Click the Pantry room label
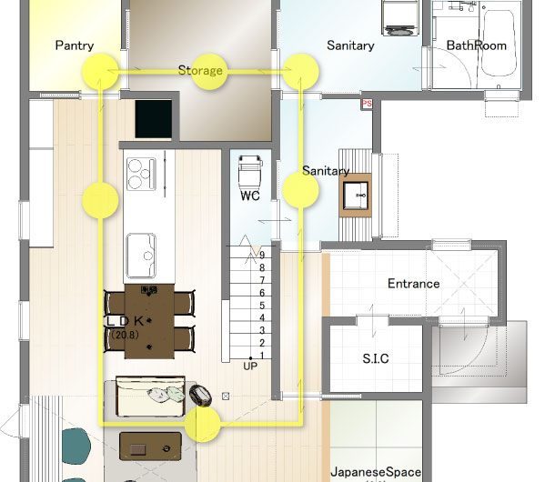75,45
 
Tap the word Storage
200,70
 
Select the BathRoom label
477,45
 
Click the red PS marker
367,104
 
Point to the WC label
250,196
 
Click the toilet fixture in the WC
250,172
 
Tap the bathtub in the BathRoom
498,43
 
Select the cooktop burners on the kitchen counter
142,174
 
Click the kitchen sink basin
141,256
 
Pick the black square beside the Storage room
154,119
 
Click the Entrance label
413,284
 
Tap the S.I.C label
376,358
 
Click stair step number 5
262,305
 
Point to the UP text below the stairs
250,366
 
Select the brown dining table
149,321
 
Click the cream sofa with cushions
150,397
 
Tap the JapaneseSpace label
376,472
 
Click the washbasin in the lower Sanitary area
356,195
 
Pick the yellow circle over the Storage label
209,72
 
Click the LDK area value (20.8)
125,335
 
